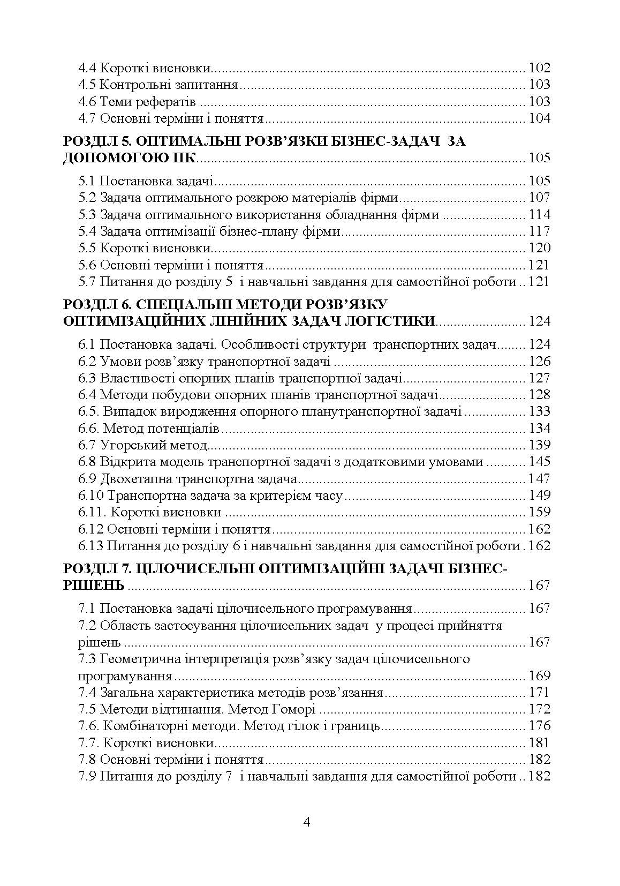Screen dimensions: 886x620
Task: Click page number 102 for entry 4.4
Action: (539, 68)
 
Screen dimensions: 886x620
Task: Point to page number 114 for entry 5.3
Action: (539, 215)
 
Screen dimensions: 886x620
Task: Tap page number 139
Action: (539, 445)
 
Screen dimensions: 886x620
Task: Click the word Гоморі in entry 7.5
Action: (296, 709)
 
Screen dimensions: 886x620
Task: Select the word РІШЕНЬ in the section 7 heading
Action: (94, 585)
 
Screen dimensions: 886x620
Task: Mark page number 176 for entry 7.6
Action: (539, 726)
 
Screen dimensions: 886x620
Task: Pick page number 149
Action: (539, 495)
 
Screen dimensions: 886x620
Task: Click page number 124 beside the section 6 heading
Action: (539, 321)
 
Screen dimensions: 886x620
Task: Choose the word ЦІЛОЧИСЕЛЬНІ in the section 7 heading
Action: (195, 568)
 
